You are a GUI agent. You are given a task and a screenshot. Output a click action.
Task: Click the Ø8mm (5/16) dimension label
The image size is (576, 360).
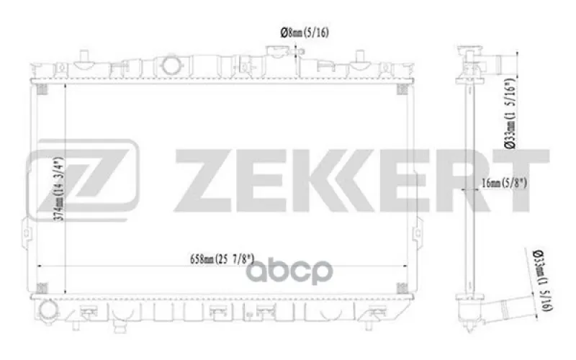[x=305, y=32]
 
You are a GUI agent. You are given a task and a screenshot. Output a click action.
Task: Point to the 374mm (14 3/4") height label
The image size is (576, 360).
[x=59, y=189]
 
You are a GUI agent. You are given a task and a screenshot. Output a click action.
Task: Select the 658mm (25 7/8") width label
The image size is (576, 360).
[x=222, y=259]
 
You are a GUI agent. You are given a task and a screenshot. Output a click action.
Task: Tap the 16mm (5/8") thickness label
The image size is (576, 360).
[x=504, y=183]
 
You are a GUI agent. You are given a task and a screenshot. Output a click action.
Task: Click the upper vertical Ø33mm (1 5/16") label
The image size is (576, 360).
[x=510, y=114]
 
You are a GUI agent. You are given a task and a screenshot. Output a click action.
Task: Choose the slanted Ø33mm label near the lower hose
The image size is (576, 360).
[x=543, y=280]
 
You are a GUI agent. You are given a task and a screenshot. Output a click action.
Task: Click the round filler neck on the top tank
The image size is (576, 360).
[x=170, y=65]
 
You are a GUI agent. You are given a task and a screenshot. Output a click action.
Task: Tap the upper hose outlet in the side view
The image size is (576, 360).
[x=505, y=64]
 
